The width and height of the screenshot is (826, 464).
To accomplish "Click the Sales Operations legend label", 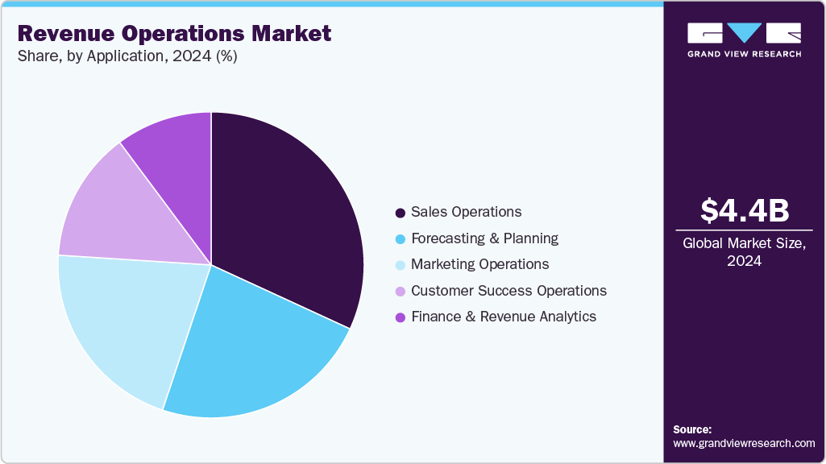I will [466, 212].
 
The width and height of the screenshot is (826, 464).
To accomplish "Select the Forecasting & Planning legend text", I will [484, 238].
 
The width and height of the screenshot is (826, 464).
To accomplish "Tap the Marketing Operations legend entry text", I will [479, 264].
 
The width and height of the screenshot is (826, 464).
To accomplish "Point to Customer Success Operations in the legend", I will [508, 291].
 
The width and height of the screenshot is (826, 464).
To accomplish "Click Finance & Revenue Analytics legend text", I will [504, 317].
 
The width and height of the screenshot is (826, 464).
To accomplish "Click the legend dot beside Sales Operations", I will [400, 213].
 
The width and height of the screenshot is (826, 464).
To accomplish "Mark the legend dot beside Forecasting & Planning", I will [400, 239].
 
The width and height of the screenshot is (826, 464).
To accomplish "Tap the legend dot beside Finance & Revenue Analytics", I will [400, 317].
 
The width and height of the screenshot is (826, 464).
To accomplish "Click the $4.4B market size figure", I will [745, 210].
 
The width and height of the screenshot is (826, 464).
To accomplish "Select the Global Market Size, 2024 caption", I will [745, 251].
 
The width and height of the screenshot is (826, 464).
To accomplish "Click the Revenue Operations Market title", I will [174, 34].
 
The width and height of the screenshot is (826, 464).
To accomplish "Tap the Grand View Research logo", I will [744, 39].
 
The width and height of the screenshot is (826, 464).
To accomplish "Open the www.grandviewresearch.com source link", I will [744, 443].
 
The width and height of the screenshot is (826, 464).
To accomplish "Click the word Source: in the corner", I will [692, 429].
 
